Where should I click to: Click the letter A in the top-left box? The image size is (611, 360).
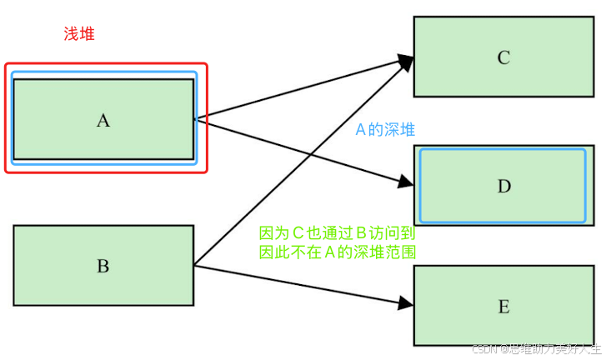[103, 120]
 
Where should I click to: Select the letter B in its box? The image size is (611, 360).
[103, 267]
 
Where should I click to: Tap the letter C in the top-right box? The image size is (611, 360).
[503, 57]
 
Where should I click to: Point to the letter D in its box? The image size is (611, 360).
[503, 186]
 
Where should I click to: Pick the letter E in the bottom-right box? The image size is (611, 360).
[503, 307]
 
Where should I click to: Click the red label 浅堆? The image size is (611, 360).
[80, 34]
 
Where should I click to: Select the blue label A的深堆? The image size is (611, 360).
[385, 130]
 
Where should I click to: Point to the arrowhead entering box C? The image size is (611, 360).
[406, 61]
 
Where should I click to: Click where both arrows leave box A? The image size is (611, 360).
[196, 119]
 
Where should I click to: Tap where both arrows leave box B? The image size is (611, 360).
[195, 266]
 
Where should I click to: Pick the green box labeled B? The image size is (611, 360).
[103, 246]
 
